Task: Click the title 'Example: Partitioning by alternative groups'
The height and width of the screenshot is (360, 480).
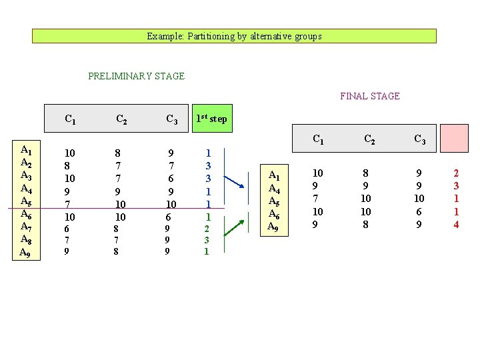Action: [x=234, y=36]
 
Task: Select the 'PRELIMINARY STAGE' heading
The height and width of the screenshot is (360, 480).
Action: [x=136, y=76]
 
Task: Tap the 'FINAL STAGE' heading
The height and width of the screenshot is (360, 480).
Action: [x=370, y=96]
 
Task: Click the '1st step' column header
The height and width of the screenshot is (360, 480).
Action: [x=211, y=119]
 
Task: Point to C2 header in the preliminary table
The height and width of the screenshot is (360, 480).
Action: [x=122, y=120]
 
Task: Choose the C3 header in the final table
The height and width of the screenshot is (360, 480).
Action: [x=420, y=139]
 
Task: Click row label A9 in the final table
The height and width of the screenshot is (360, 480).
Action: [x=273, y=226]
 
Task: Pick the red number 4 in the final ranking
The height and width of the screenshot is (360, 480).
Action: [x=456, y=225]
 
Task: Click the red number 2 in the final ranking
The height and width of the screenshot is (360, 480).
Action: [x=456, y=173]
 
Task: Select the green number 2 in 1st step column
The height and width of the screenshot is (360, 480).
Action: [x=207, y=228]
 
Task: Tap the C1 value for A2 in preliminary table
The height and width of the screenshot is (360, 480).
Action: [x=67, y=165]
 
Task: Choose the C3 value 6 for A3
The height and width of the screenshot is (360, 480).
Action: [x=171, y=178]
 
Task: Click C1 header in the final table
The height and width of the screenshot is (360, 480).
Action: [x=319, y=139]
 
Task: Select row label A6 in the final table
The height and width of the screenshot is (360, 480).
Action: [x=273, y=213]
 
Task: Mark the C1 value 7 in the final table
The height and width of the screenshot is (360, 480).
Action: [x=318, y=199]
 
